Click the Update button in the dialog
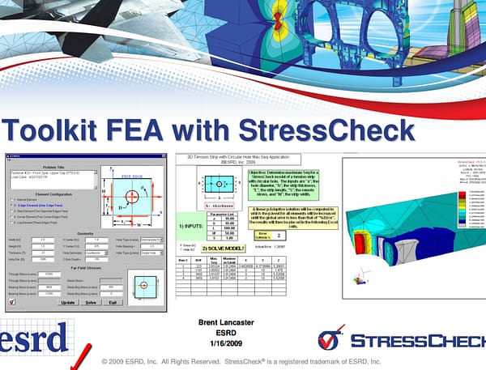[68, 302]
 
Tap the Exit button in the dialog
[114, 302]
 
